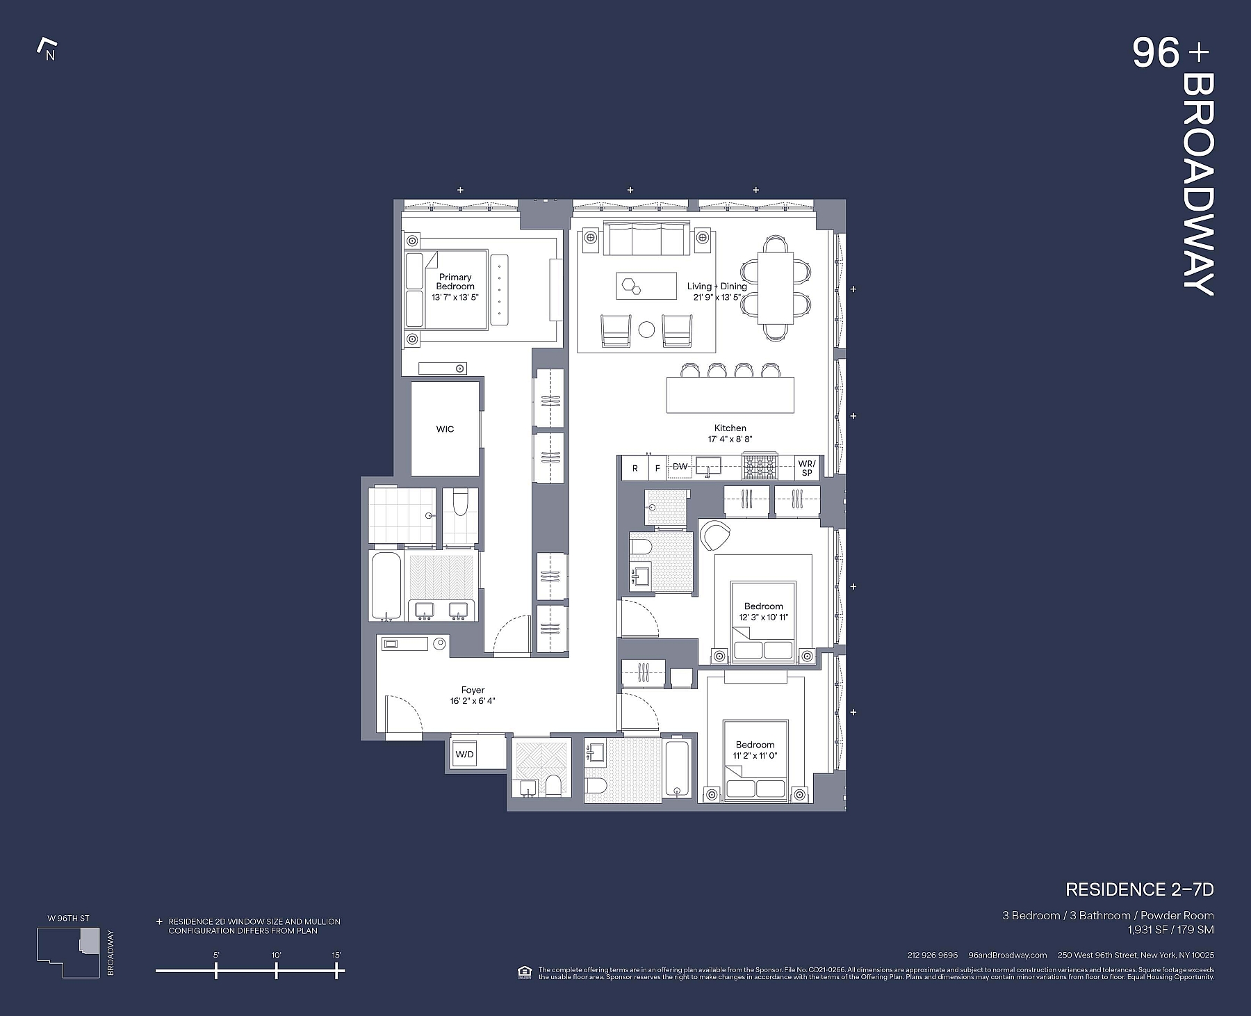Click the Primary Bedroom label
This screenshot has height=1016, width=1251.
click(455, 282)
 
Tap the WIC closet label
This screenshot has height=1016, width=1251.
click(445, 429)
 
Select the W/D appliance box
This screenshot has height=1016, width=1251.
click(464, 755)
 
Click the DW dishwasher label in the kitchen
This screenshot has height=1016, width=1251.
click(680, 467)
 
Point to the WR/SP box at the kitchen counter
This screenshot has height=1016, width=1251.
click(806, 468)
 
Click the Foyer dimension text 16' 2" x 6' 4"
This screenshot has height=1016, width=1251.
click(473, 701)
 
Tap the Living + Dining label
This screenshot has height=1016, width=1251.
click(717, 287)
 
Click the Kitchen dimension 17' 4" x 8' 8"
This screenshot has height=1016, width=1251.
click(730, 440)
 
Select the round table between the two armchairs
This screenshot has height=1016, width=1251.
click(646, 330)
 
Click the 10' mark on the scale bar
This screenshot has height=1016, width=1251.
click(276, 969)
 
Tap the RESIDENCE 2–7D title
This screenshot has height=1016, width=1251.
click(1139, 889)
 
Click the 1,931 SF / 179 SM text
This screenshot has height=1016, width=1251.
click(1170, 928)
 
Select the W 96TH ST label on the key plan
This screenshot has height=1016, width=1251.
click(68, 918)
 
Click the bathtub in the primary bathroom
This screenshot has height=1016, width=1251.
click(384, 586)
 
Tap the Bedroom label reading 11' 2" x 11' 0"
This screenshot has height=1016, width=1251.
click(755, 750)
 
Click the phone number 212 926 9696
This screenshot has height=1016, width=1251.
click(932, 955)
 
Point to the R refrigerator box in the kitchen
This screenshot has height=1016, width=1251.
click(635, 468)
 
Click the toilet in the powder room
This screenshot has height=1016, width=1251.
click(554, 787)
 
